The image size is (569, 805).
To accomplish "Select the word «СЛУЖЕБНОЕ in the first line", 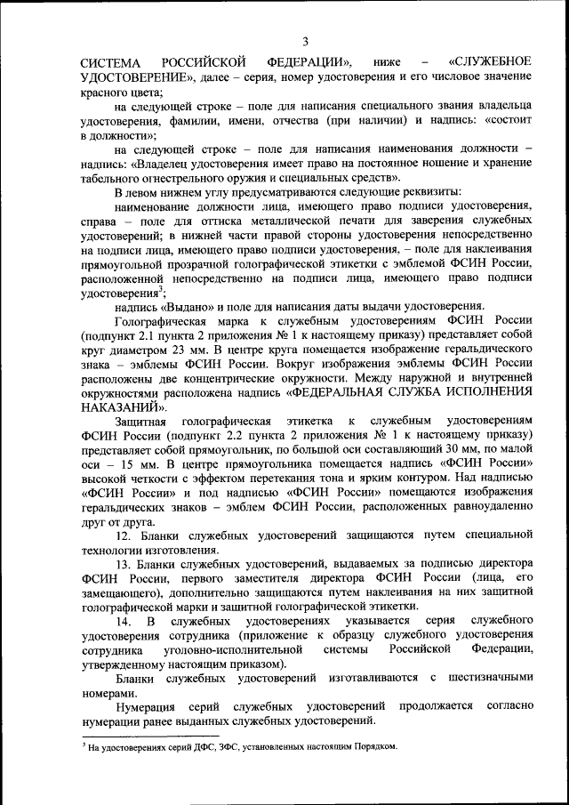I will pos(490,62).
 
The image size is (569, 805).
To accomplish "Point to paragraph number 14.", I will pos(124,620).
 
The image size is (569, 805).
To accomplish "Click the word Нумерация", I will pos(148,705).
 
